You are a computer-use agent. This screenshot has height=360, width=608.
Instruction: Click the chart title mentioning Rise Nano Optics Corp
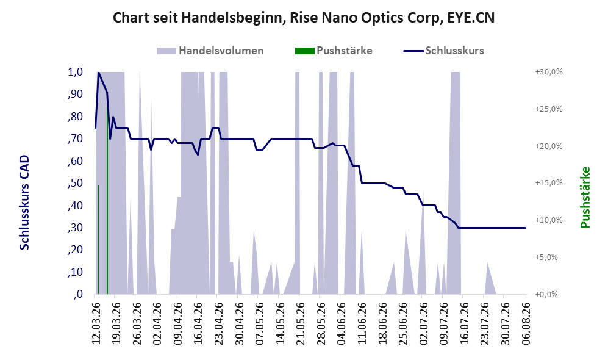pos(304,18)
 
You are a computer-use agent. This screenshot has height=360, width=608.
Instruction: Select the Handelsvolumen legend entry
pos(210,51)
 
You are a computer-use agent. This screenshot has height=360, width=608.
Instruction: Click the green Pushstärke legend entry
pos(334,51)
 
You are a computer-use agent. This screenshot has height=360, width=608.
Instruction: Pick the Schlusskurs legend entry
pos(443,51)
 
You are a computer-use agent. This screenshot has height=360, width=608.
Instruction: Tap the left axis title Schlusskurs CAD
pos(24,203)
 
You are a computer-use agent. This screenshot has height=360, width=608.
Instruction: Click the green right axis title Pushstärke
pos(585,197)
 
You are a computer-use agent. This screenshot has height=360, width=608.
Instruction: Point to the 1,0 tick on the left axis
pos(75,72)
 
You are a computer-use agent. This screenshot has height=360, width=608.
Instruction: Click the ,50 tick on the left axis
pos(75,183)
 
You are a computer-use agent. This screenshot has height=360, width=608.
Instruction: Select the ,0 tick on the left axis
pos(77,294)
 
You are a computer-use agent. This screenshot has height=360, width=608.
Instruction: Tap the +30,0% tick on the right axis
pos(549,72)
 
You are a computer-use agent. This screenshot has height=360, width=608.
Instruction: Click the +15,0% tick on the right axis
pos(549,182)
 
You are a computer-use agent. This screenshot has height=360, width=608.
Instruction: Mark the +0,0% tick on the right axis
pos(546,295)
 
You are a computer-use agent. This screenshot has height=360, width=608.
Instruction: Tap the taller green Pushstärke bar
pos(107,201)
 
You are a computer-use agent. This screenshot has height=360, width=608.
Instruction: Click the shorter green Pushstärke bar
pos(99,240)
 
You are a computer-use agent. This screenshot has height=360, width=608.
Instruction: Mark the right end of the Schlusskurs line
pos(526,228)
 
